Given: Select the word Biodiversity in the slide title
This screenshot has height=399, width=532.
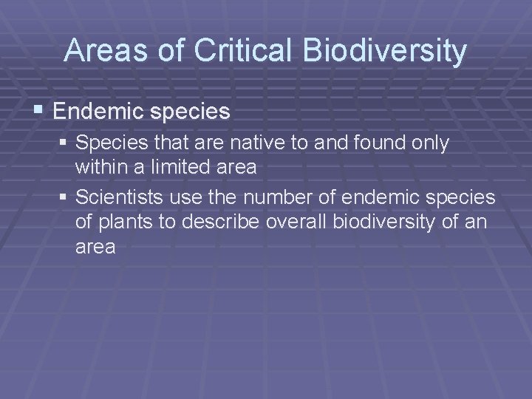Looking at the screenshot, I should click(384, 50).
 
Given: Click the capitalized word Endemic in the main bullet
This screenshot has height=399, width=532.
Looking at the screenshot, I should click(100, 112).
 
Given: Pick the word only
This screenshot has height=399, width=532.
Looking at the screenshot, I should click(430, 143).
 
